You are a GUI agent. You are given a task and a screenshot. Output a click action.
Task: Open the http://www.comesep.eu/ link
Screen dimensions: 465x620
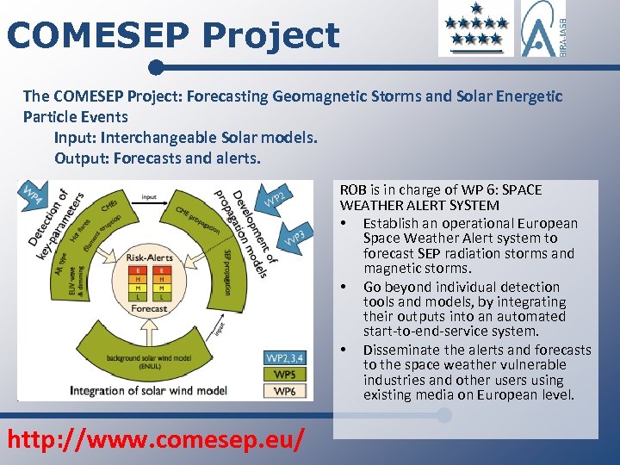156,439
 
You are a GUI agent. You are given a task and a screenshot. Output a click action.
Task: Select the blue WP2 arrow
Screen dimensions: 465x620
274,199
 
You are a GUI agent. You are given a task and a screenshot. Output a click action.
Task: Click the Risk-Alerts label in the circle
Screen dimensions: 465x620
149,257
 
